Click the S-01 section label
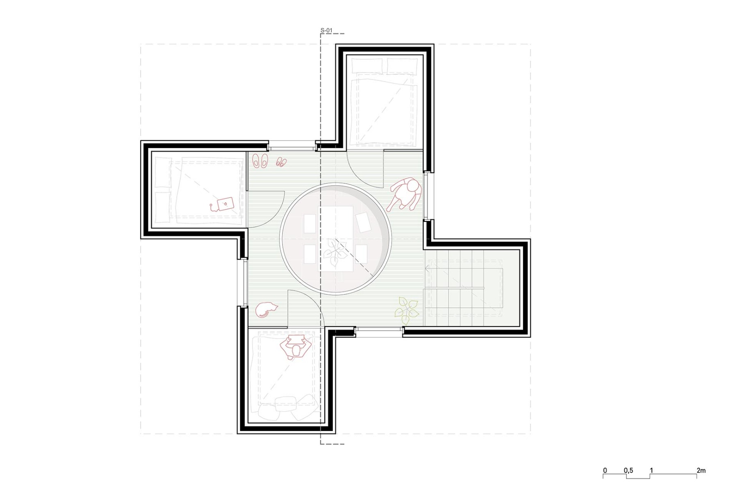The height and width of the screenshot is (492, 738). [326, 30]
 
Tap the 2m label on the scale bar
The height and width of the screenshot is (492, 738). [701, 470]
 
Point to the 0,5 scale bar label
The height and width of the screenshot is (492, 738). [628, 470]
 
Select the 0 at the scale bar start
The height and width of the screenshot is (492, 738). [605, 470]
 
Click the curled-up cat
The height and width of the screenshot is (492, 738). [266, 310]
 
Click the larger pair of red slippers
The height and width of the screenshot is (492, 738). [260, 160]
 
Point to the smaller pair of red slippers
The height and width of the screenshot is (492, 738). [281, 162]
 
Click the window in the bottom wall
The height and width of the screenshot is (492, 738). [379, 332]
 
